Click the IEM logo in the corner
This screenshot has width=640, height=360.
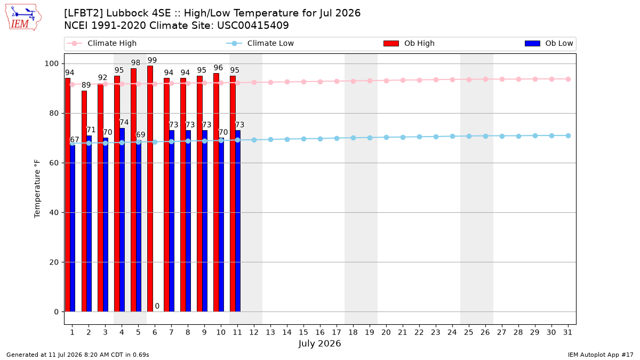tap(23, 18)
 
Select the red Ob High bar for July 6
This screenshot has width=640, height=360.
tap(150, 189)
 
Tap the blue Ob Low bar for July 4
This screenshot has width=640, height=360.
tap(122, 220)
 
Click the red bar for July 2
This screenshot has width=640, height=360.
tap(84, 201)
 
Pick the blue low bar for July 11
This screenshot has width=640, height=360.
tap(238, 221)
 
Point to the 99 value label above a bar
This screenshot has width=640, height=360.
tap(153, 60)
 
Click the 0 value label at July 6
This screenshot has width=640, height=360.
tap(157, 306)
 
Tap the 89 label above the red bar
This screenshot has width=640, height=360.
tap(86, 85)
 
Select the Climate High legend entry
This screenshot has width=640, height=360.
tap(101, 43)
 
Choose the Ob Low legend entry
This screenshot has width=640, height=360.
tap(549, 43)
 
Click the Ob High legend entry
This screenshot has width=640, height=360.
tap(409, 43)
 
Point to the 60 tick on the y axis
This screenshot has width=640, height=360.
tap(54, 163)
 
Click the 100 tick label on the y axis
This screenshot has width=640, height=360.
tap(52, 63)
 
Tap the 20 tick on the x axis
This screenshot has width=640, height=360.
tap(386, 332)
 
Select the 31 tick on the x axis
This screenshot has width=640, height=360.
tap(567, 332)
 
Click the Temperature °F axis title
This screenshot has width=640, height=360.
tap(37, 189)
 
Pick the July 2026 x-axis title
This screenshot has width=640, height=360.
tap(319, 343)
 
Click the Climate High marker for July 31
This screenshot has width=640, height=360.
tap(569, 79)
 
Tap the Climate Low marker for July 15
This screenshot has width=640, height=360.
tap(303, 139)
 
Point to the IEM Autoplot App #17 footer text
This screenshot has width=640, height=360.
tap(601, 355)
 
